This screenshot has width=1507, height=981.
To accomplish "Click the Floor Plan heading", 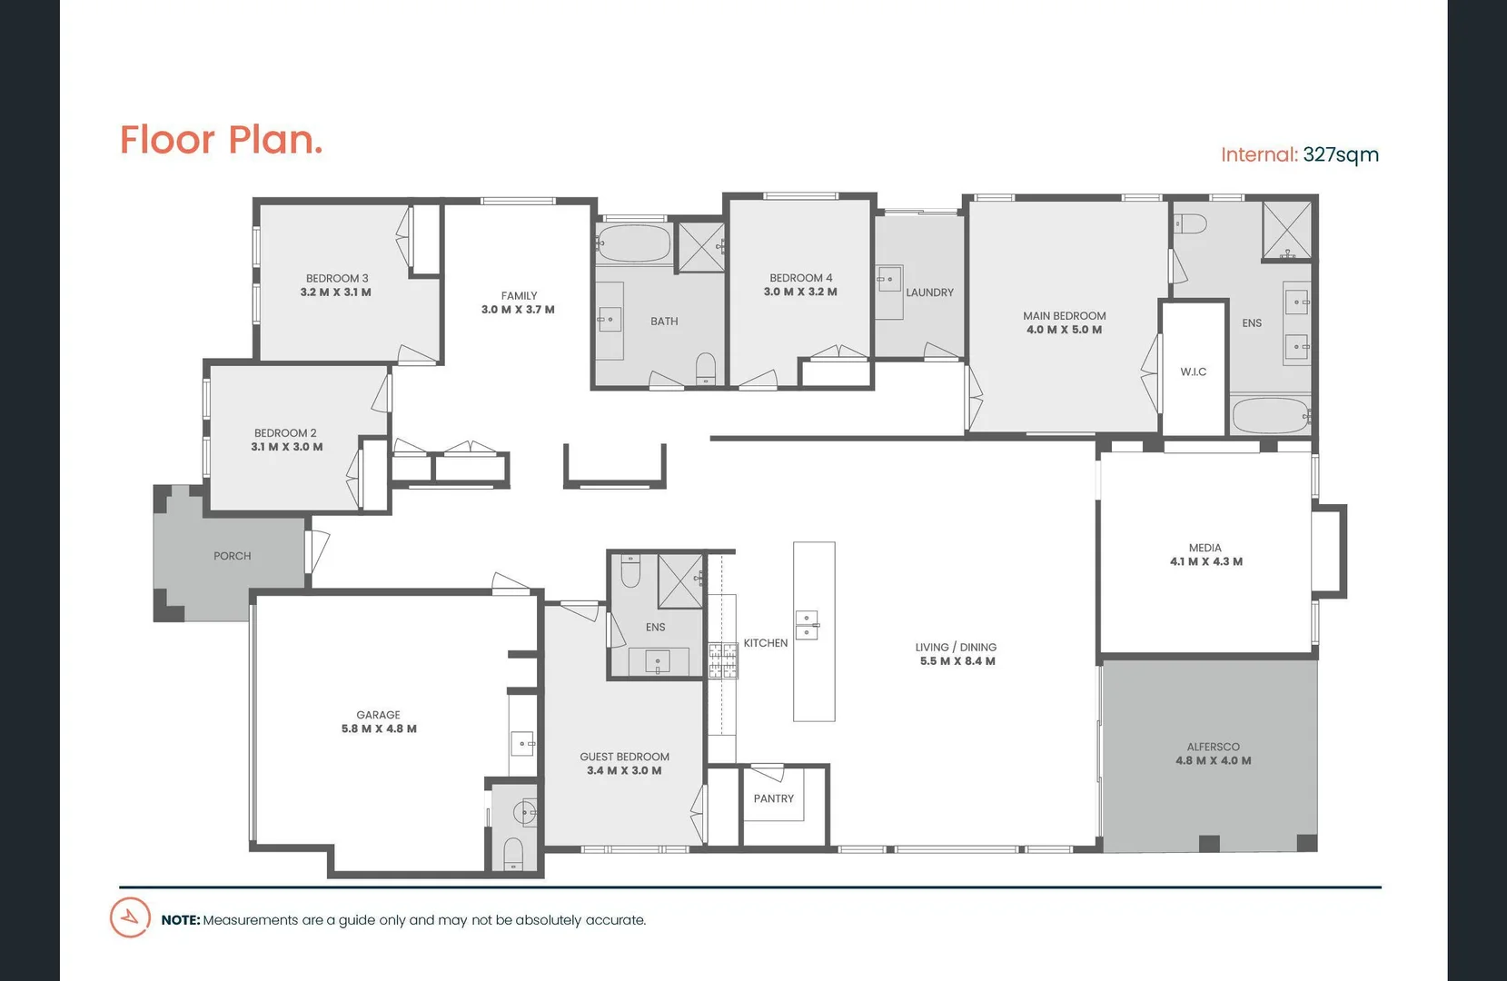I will pos(221,140).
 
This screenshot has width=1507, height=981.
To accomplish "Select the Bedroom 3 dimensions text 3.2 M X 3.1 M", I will pos(335,292).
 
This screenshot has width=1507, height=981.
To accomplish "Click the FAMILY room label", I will pos(519,295).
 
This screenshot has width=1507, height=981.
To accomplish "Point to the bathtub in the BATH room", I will pos(634,243).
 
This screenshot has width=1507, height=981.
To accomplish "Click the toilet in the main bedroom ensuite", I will pos(1189,223).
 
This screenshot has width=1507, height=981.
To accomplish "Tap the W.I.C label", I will pos(1193,372).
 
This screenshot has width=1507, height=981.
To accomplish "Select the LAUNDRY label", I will pos(929,292).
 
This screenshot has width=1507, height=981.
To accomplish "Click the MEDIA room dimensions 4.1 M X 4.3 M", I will pos(1205,561).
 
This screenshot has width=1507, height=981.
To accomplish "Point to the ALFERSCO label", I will pos(1213,747).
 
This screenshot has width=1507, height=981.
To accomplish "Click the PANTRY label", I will pos(773,798).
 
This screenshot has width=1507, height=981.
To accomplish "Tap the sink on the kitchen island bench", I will pos(807,625).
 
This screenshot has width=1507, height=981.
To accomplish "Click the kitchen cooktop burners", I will pos(723,660).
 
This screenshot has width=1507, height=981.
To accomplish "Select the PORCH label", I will pos(232,556).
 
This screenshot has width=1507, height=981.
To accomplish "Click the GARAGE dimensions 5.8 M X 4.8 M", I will pos(379,728).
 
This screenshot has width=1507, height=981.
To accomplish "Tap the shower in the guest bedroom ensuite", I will pos(679,580).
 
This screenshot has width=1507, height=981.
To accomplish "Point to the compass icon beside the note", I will pos(130,917).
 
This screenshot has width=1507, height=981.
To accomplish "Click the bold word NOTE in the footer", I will pos(180,920).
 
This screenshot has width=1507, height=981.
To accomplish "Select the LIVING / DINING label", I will pos(956,647).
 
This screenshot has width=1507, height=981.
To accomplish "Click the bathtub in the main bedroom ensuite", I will pos(1270,416).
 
